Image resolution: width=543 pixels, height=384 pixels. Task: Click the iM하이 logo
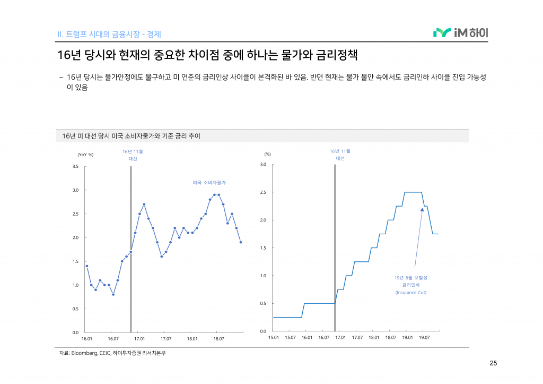click(460, 33)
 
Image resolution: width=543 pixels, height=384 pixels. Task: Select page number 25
click(493, 364)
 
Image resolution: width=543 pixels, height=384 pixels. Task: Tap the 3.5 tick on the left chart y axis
click(75, 167)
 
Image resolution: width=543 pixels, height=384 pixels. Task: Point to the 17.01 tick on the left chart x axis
click(139, 338)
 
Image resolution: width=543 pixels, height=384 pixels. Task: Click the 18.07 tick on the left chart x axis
click(218, 338)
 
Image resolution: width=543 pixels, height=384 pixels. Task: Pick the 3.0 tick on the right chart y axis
click(263, 165)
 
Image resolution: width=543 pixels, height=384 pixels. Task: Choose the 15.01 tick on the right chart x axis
click(274, 337)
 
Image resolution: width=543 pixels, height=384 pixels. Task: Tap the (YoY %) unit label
click(85, 155)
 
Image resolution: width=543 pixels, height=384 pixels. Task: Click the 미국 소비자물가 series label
click(209, 182)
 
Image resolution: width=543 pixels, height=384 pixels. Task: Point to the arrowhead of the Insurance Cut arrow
click(422, 209)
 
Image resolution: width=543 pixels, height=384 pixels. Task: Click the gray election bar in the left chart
click(130, 250)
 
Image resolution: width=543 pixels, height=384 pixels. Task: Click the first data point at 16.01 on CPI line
click(87, 266)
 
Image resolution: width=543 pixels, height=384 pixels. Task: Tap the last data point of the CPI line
click(241, 242)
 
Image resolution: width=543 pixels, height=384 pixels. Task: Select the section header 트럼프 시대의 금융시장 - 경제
click(109, 35)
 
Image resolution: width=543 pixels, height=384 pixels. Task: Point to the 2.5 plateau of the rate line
click(413, 192)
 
